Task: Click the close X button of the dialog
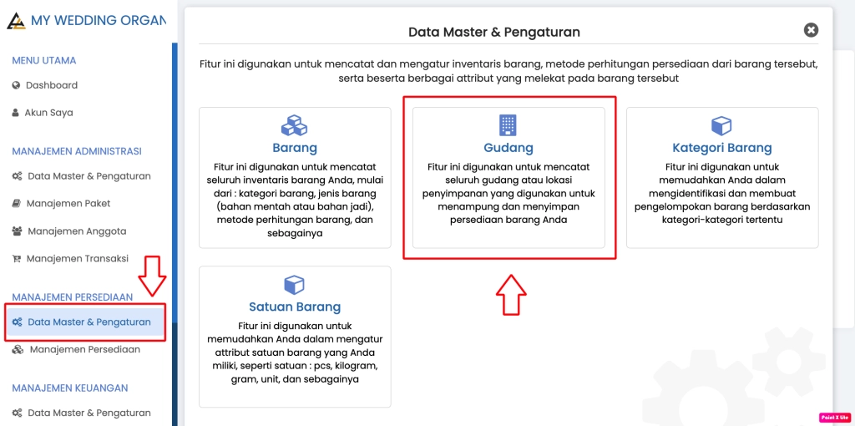[x=811, y=31]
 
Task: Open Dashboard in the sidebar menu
[x=45, y=85]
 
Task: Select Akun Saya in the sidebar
[x=43, y=113]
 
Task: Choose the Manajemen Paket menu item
[x=61, y=204]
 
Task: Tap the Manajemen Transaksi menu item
[x=70, y=259]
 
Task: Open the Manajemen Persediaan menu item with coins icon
[x=76, y=349]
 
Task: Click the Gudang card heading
[x=508, y=148]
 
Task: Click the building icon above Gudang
[x=508, y=125]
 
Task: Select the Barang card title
[x=295, y=148]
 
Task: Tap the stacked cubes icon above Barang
[x=295, y=125]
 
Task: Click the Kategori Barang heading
[x=722, y=148]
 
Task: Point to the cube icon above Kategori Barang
[x=721, y=125]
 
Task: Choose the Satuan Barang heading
[x=295, y=306]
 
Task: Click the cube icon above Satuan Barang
[x=295, y=284]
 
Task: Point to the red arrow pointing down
[x=152, y=274]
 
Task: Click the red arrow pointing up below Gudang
[x=511, y=295]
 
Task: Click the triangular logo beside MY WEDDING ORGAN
[x=16, y=21]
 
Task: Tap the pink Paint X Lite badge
[x=832, y=418]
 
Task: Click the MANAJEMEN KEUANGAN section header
[x=70, y=388]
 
